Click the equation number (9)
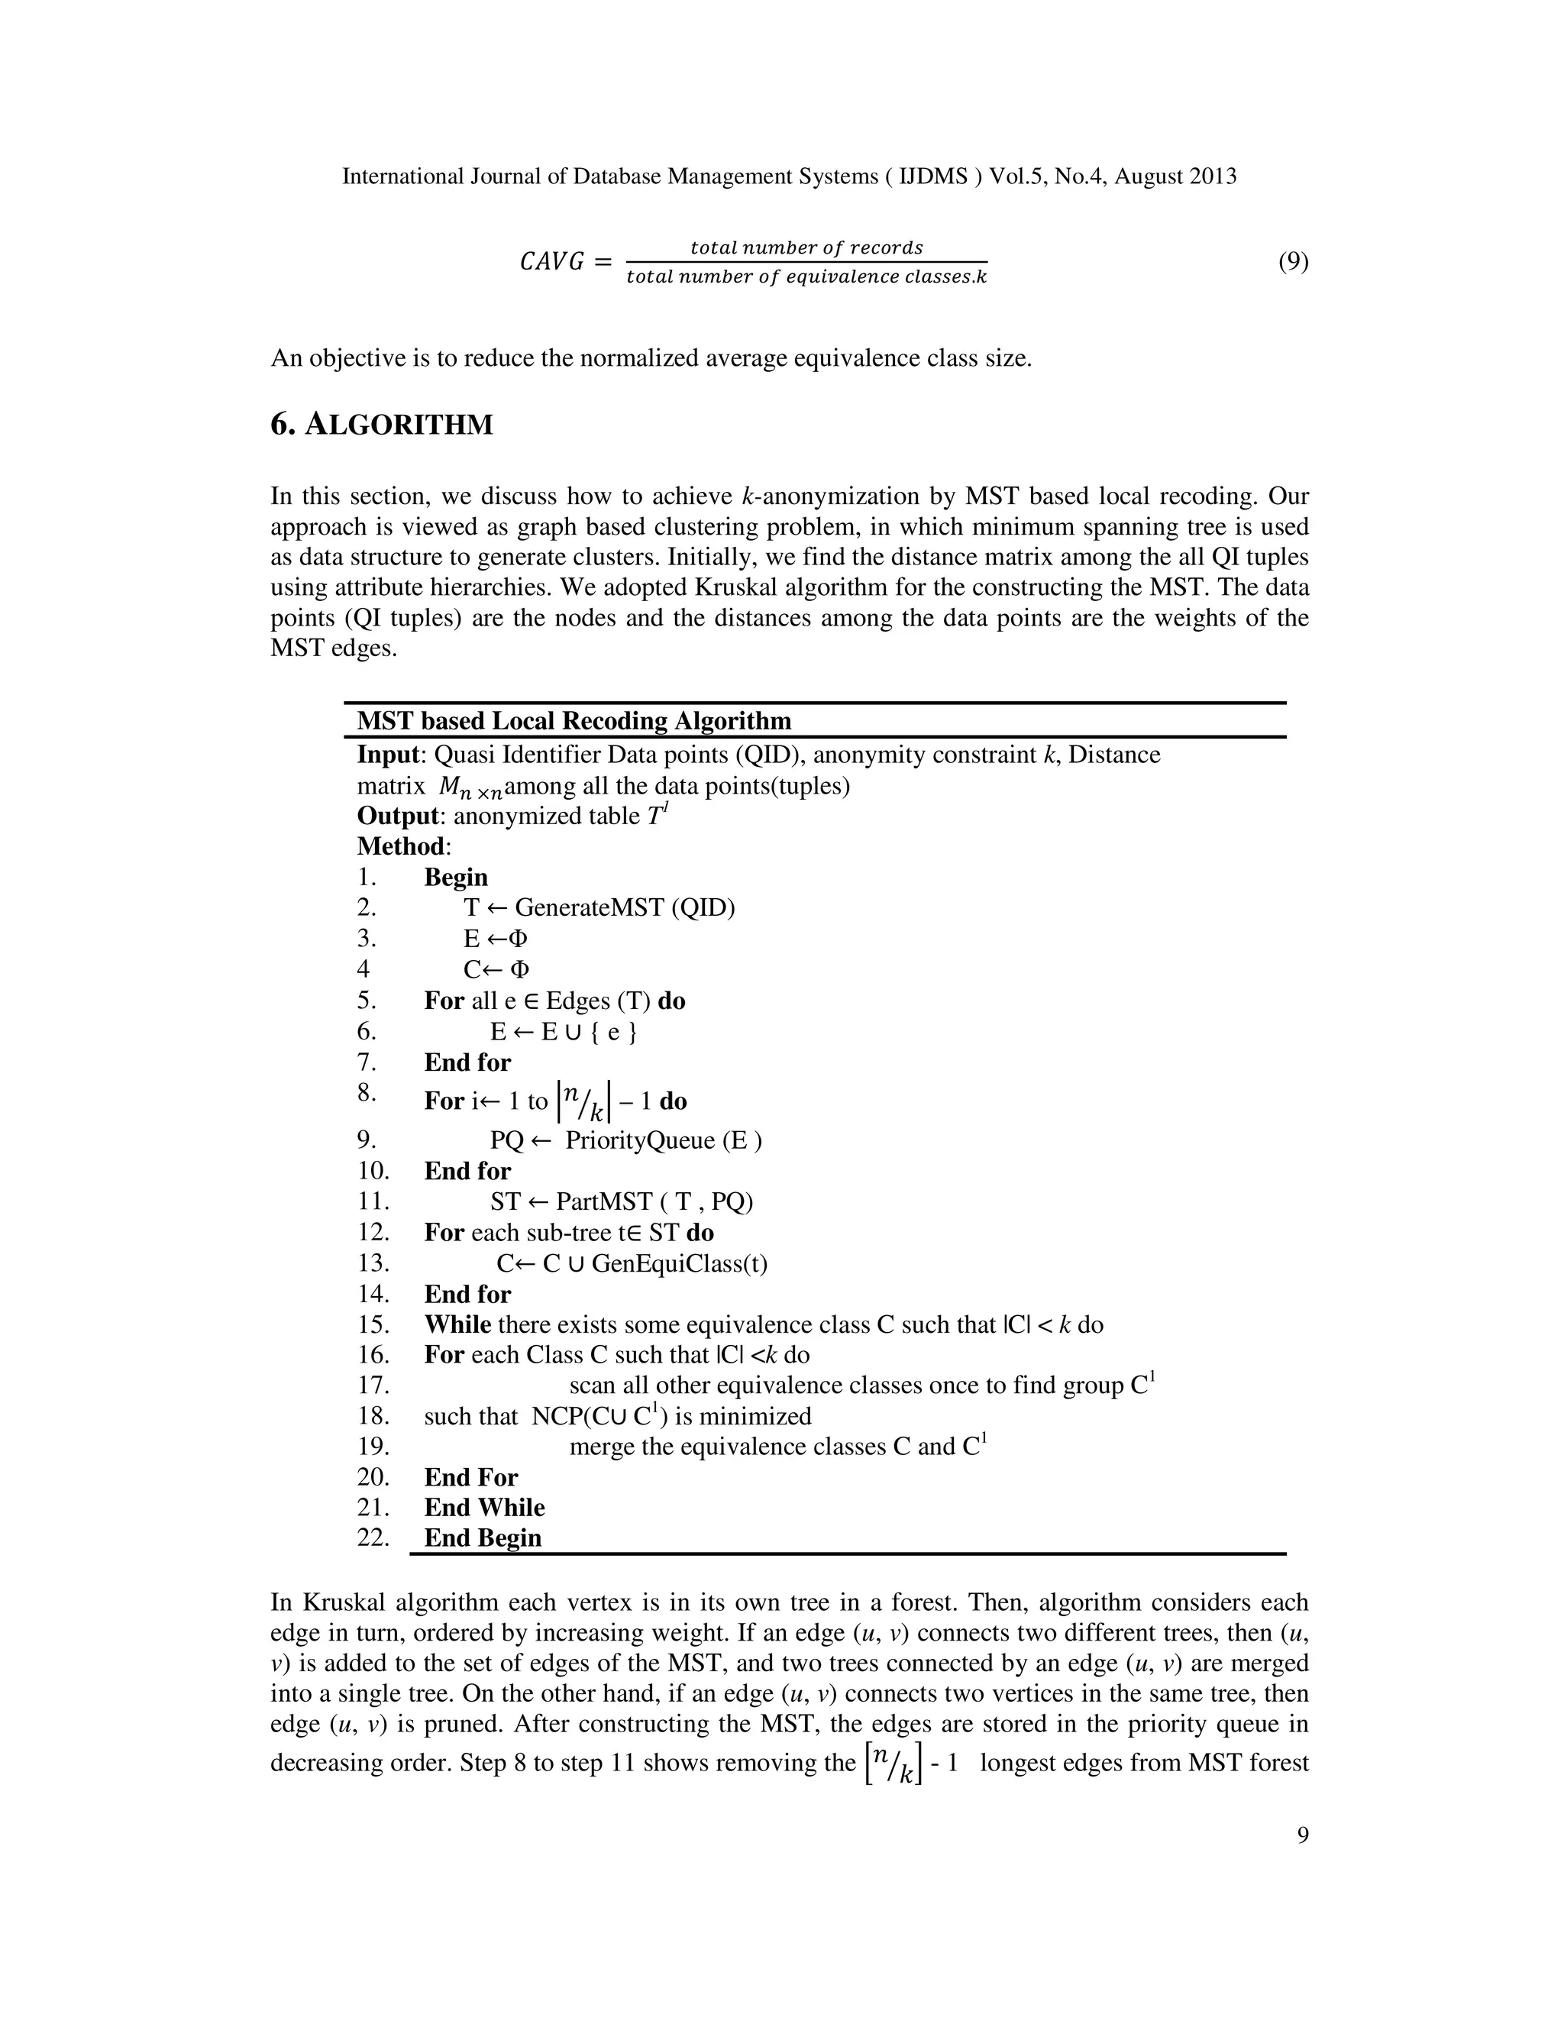coord(1294,262)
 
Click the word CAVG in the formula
coord(551,262)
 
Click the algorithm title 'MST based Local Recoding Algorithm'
coord(574,721)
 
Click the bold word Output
coord(396,816)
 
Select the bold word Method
coord(400,846)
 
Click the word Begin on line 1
coord(456,877)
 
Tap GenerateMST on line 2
coord(591,907)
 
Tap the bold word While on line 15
coord(457,1324)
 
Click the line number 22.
coord(373,1537)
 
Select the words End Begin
coord(482,1538)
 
